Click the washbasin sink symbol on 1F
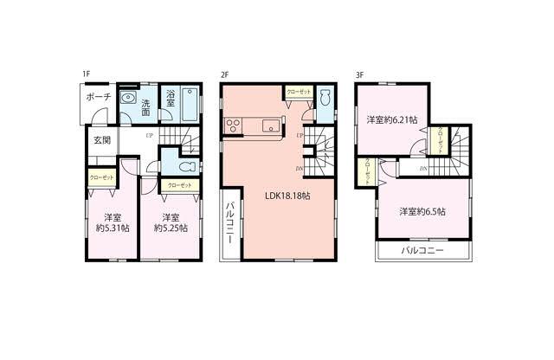click(127, 98)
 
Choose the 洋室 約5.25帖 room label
click(170, 222)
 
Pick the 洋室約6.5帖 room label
click(422, 211)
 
